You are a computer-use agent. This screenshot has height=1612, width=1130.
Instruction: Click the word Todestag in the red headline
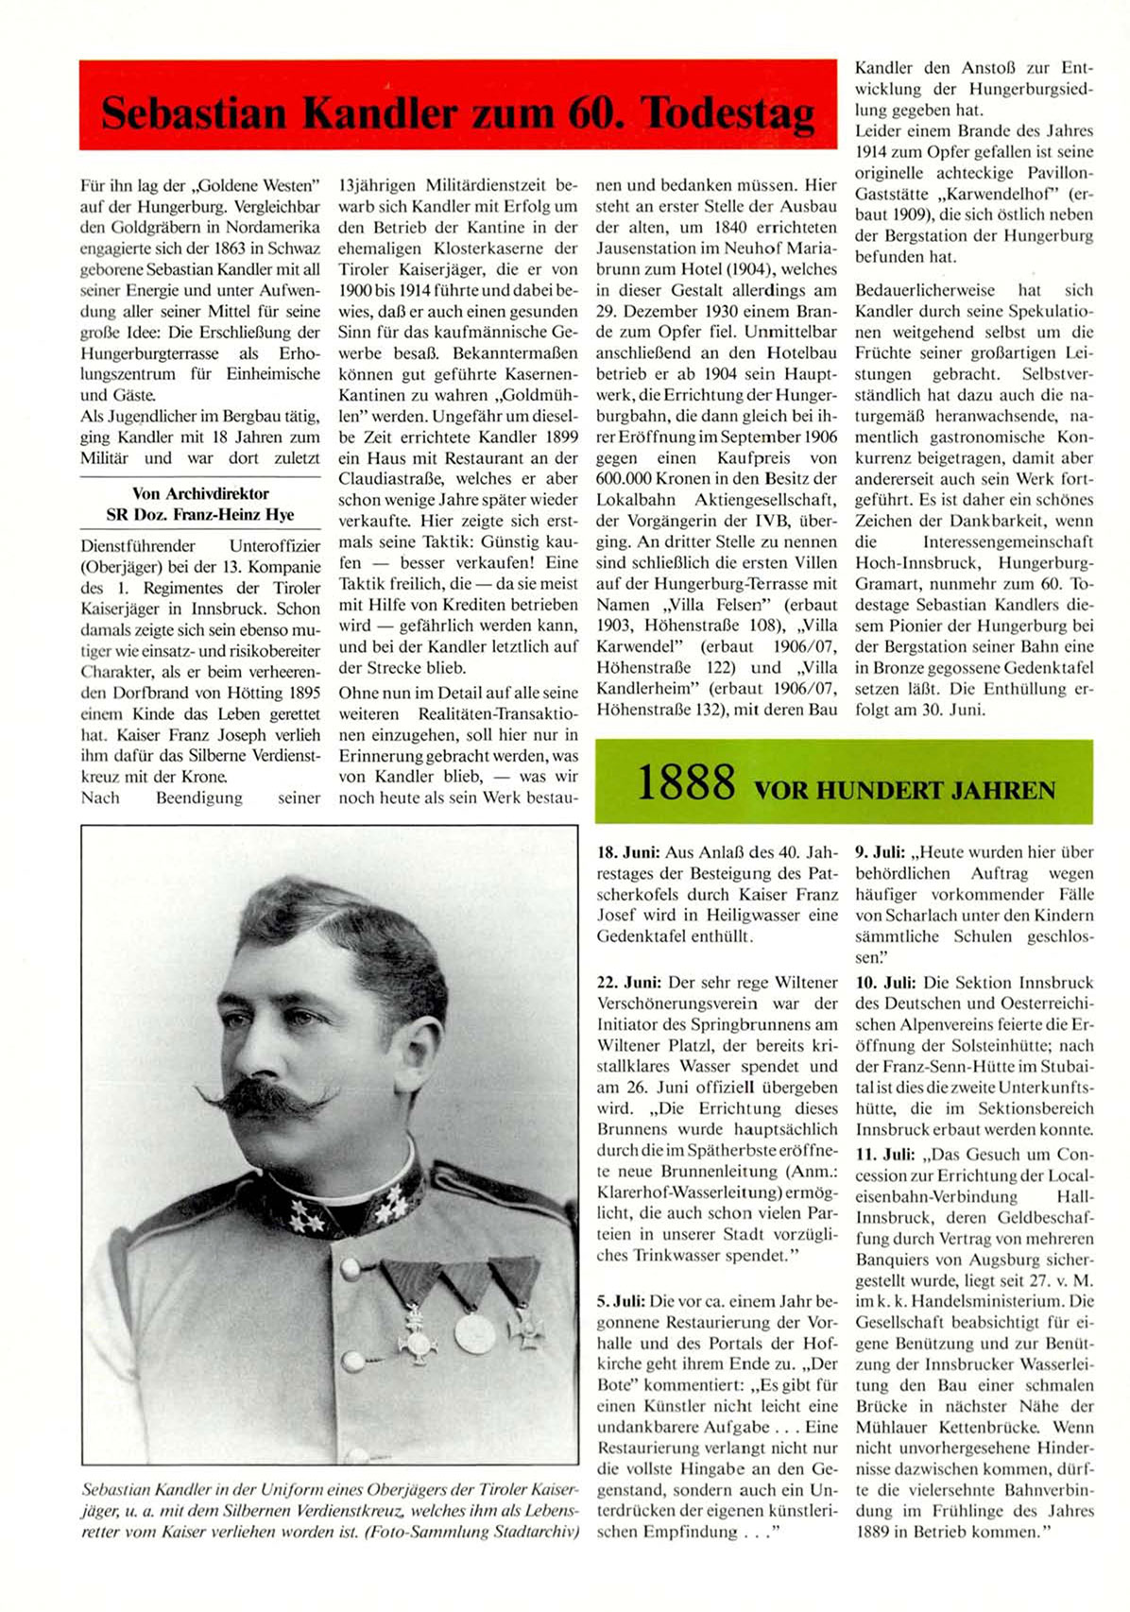coord(728,113)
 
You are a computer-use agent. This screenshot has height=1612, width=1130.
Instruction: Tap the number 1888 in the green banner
coord(686,783)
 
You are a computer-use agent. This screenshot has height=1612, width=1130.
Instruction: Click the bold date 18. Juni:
coord(628,852)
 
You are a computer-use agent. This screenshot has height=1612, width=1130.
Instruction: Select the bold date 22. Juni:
coord(628,983)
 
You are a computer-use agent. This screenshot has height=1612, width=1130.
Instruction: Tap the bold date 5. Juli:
coord(622,1301)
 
